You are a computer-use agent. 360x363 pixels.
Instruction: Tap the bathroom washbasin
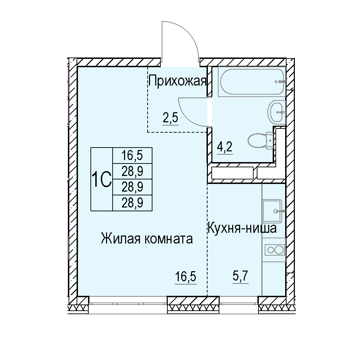[276, 112]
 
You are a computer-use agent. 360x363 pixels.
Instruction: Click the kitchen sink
[272, 211]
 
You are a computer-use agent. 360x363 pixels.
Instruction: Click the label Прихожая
[177, 81]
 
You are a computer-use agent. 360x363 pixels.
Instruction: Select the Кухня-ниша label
[242, 228]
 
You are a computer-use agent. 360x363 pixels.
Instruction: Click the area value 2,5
[170, 118]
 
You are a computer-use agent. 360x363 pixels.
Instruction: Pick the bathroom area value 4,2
[225, 147]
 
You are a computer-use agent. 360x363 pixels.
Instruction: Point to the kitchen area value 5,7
[241, 276]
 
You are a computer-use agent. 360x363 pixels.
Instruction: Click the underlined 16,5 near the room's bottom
[186, 277]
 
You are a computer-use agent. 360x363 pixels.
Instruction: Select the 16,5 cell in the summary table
[132, 156]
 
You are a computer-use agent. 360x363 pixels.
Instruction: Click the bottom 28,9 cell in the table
[132, 203]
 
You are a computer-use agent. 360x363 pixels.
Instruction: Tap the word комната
[169, 239]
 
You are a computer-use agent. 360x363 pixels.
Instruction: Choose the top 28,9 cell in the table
[132, 171]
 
